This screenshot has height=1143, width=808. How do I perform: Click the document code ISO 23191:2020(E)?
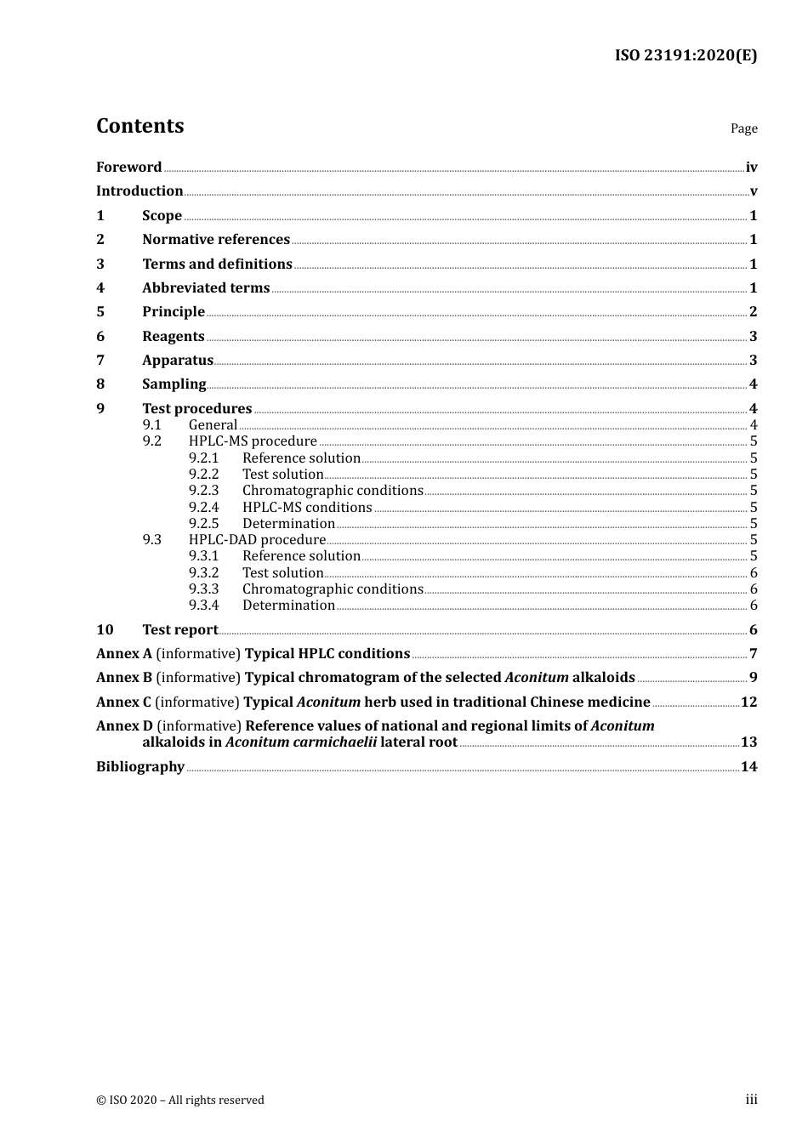pyautogui.click(x=686, y=55)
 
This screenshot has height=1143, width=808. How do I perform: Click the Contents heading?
pyautogui.click(x=139, y=126)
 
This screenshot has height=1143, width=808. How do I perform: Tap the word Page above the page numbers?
pyautogui.click(x=743, y=128)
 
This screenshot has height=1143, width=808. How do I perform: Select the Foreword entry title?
pyautogui.click(x=128, y=168)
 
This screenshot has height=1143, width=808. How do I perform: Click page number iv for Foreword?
pyautogui.click(x=751, y=168)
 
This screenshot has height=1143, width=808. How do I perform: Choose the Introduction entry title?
pyautogui.click(x=139, y=191)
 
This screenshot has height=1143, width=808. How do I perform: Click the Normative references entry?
pyautogui.click(x=216, y=240)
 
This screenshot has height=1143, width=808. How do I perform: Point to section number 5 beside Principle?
pyautogui.click(x=100, y=312)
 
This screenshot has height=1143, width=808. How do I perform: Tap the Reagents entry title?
pyautogui.click(x=174, y=337)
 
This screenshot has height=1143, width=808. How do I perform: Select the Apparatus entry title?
pyautogui.click(x=178, y=361)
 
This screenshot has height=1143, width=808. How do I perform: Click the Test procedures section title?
pyautogui.click(x=197, y=409)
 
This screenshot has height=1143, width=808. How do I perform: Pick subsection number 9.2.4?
pyautogui.click(x=204, y=508)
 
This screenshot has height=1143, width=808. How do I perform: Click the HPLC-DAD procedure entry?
pyautogui.click(x=257, y=540)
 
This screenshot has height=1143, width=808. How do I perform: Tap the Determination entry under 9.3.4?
pyautogui.click(x=288, y=606)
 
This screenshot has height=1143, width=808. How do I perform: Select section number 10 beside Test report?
pyautogui.click(x=105, y=630)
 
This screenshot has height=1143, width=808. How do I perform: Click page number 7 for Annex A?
pyautogui.click(x=753, y=654)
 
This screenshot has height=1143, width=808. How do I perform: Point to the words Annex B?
pyautogui.click(x=124, y=678)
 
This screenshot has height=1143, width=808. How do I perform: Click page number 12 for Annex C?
pyautogui.click(x=748, y=702)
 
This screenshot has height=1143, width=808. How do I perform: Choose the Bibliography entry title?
pyautogui.click(x=140, y=767)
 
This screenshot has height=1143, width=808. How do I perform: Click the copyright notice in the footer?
pyautogui.click(x=180, y=1100)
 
